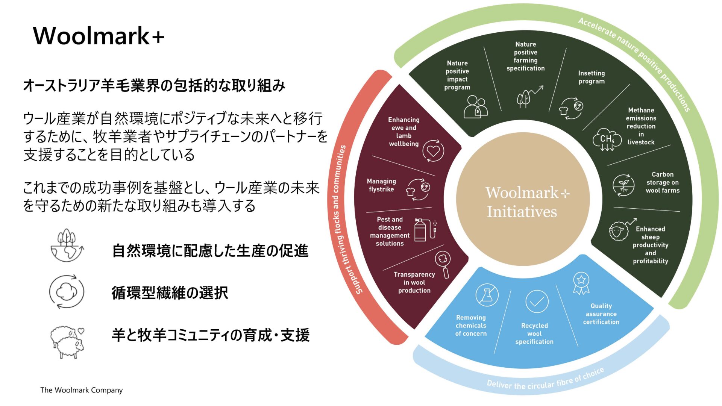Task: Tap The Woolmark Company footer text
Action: click(x=81, y=390)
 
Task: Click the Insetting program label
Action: click(x=591, y=77)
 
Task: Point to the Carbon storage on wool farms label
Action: click(x=662, y=182)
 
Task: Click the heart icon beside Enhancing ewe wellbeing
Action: click(x=433, y=151)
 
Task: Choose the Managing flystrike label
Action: click(x=381, y=185)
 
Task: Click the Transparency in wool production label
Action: click(x=414, y=282)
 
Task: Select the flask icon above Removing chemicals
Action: click(x=487, y=295)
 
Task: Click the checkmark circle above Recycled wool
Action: click(x=537, y=301)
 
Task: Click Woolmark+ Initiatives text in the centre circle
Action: click(x=523, y=202)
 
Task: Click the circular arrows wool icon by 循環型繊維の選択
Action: click(x=67, y=292)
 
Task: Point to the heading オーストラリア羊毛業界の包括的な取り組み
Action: click(x=154, y=86)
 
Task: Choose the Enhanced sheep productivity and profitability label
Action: click(x=650, y=245)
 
